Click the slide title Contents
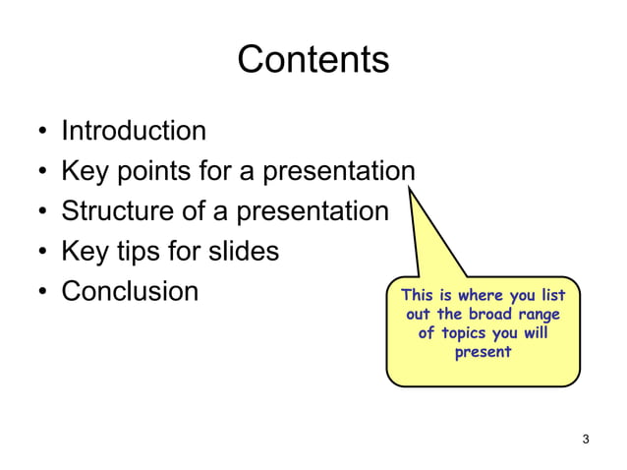point(313,61)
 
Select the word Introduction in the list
point(134,131)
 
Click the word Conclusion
point(130,292)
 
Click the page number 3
point(586,439)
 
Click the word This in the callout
point(417,296)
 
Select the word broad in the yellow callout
point(484,315)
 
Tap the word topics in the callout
point(468,333)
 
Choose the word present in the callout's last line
point(483,352)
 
